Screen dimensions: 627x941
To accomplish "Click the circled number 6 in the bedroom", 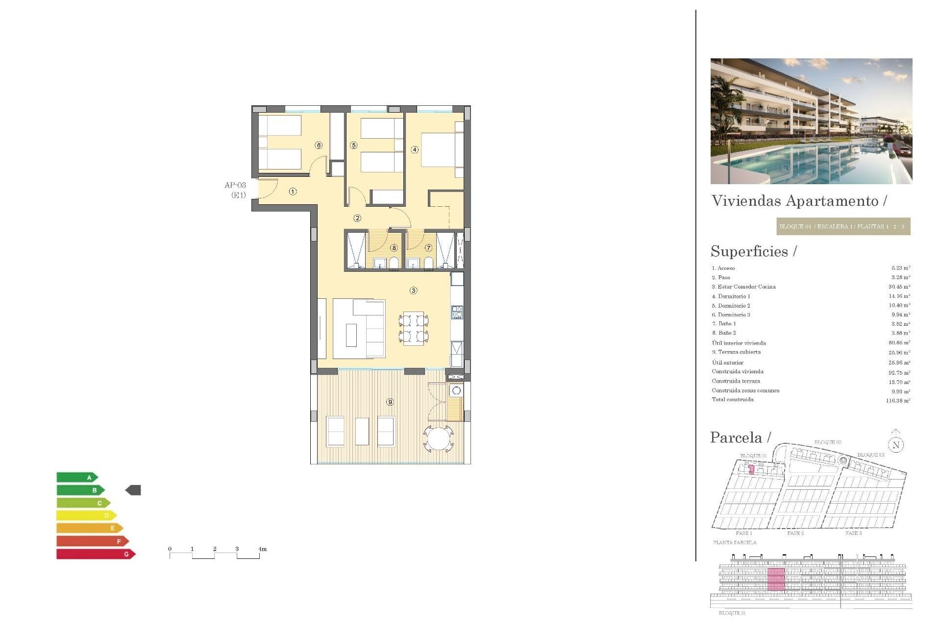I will [319, 145].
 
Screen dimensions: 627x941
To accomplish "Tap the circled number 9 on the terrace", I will [390, 402].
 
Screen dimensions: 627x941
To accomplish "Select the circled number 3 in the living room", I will [414, 290].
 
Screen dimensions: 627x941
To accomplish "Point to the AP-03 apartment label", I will [235, 185].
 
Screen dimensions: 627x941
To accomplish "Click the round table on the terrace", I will [440, 438].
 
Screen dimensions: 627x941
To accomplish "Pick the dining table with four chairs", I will [414, 328].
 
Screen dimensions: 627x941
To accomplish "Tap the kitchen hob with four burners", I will [457, 313].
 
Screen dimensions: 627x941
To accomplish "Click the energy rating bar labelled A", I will [76, 477].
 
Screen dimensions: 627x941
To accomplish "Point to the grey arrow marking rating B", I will [133, 490].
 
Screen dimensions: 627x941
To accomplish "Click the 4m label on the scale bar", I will [263, 549].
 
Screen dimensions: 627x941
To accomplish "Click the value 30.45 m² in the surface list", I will [899, 287].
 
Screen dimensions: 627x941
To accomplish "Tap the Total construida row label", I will [733, 400].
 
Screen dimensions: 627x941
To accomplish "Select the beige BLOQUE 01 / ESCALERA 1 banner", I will [843, 226].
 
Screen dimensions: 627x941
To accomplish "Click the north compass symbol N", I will [896, 445].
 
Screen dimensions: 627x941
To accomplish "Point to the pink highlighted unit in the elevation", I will [776, 579].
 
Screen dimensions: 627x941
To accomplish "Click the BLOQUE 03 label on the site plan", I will [870, 455].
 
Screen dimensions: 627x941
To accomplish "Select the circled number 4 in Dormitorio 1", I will [415, 149].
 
